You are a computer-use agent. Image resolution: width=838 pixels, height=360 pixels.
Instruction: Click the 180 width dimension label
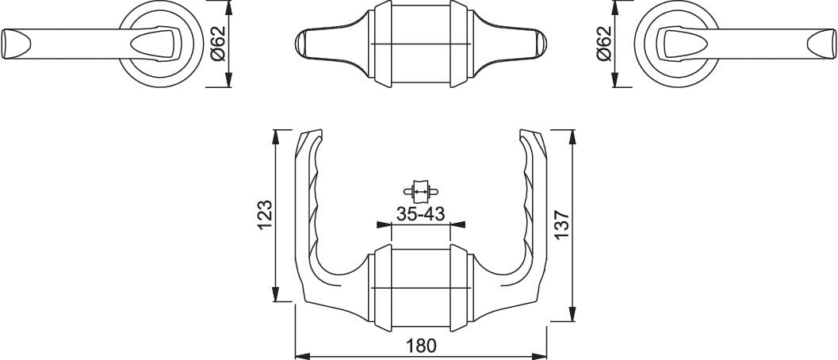click(x=421, y=346)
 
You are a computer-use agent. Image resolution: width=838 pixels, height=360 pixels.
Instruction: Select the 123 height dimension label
click(x=266, y=215)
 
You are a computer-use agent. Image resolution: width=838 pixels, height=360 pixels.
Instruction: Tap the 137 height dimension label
click(x=563, y=225)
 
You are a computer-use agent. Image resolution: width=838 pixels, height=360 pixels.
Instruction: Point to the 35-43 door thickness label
click(x=421, y=214)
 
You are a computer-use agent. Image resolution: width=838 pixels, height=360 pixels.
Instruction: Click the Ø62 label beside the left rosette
click(x=219, y=44)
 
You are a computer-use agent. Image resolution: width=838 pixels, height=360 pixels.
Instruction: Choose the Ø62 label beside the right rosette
click(x=603, y=44)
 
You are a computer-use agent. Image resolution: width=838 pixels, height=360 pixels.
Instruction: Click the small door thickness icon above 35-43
click(x=421, y=190)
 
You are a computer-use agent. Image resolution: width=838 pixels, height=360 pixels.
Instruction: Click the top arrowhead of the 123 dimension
click(x=276, y=137)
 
